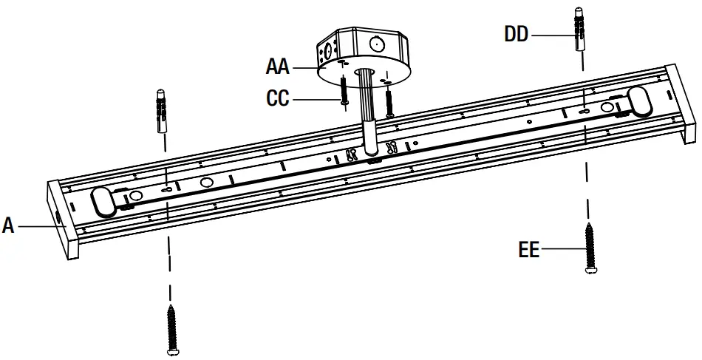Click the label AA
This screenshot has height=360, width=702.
point(278,67)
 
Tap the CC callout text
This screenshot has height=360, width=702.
point(278,98)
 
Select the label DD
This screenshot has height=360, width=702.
point(517,34)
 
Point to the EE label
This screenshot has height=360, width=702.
point(529,250)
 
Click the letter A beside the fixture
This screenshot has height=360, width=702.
point(8,225)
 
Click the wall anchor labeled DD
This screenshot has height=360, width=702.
point(580,30)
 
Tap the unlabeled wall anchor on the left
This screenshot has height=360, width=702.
point(162,110)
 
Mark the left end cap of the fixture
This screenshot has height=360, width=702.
point(63,221)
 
